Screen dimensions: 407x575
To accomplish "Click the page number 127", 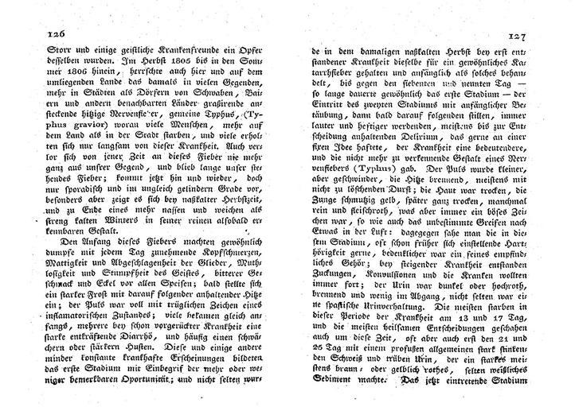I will click(x=518, y=36).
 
